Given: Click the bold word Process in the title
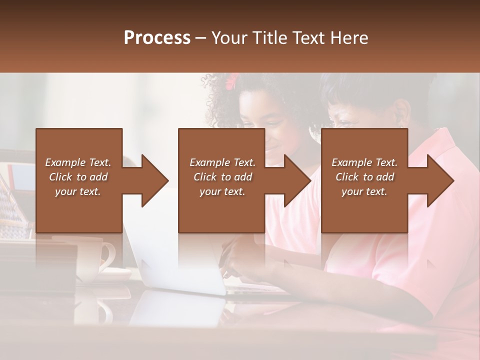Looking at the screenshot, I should (157, 38).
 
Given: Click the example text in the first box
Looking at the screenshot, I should (78, 177).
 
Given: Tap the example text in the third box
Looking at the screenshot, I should (364, 177).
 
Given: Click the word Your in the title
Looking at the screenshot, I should (229, 38).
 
